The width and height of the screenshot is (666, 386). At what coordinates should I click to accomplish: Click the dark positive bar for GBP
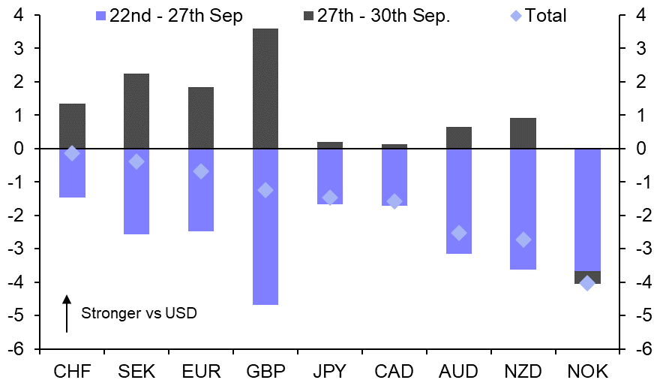265,89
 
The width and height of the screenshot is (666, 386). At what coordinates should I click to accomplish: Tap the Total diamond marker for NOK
587,283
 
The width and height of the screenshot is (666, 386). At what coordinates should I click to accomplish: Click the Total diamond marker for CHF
72,153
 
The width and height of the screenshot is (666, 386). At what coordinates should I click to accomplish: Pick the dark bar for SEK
136,111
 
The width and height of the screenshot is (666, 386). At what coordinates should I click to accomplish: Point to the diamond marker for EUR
201,171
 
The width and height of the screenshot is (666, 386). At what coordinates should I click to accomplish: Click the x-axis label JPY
330,372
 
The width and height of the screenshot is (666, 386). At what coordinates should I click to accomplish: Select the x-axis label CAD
394,372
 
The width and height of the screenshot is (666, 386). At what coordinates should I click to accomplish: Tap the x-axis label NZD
523,372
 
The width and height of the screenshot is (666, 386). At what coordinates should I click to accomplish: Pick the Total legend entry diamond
515,16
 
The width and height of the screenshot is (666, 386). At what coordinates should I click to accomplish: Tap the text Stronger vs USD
139,313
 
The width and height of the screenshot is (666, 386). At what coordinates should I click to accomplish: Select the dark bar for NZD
523,134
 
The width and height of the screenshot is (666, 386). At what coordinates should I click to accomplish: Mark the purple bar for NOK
587,210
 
